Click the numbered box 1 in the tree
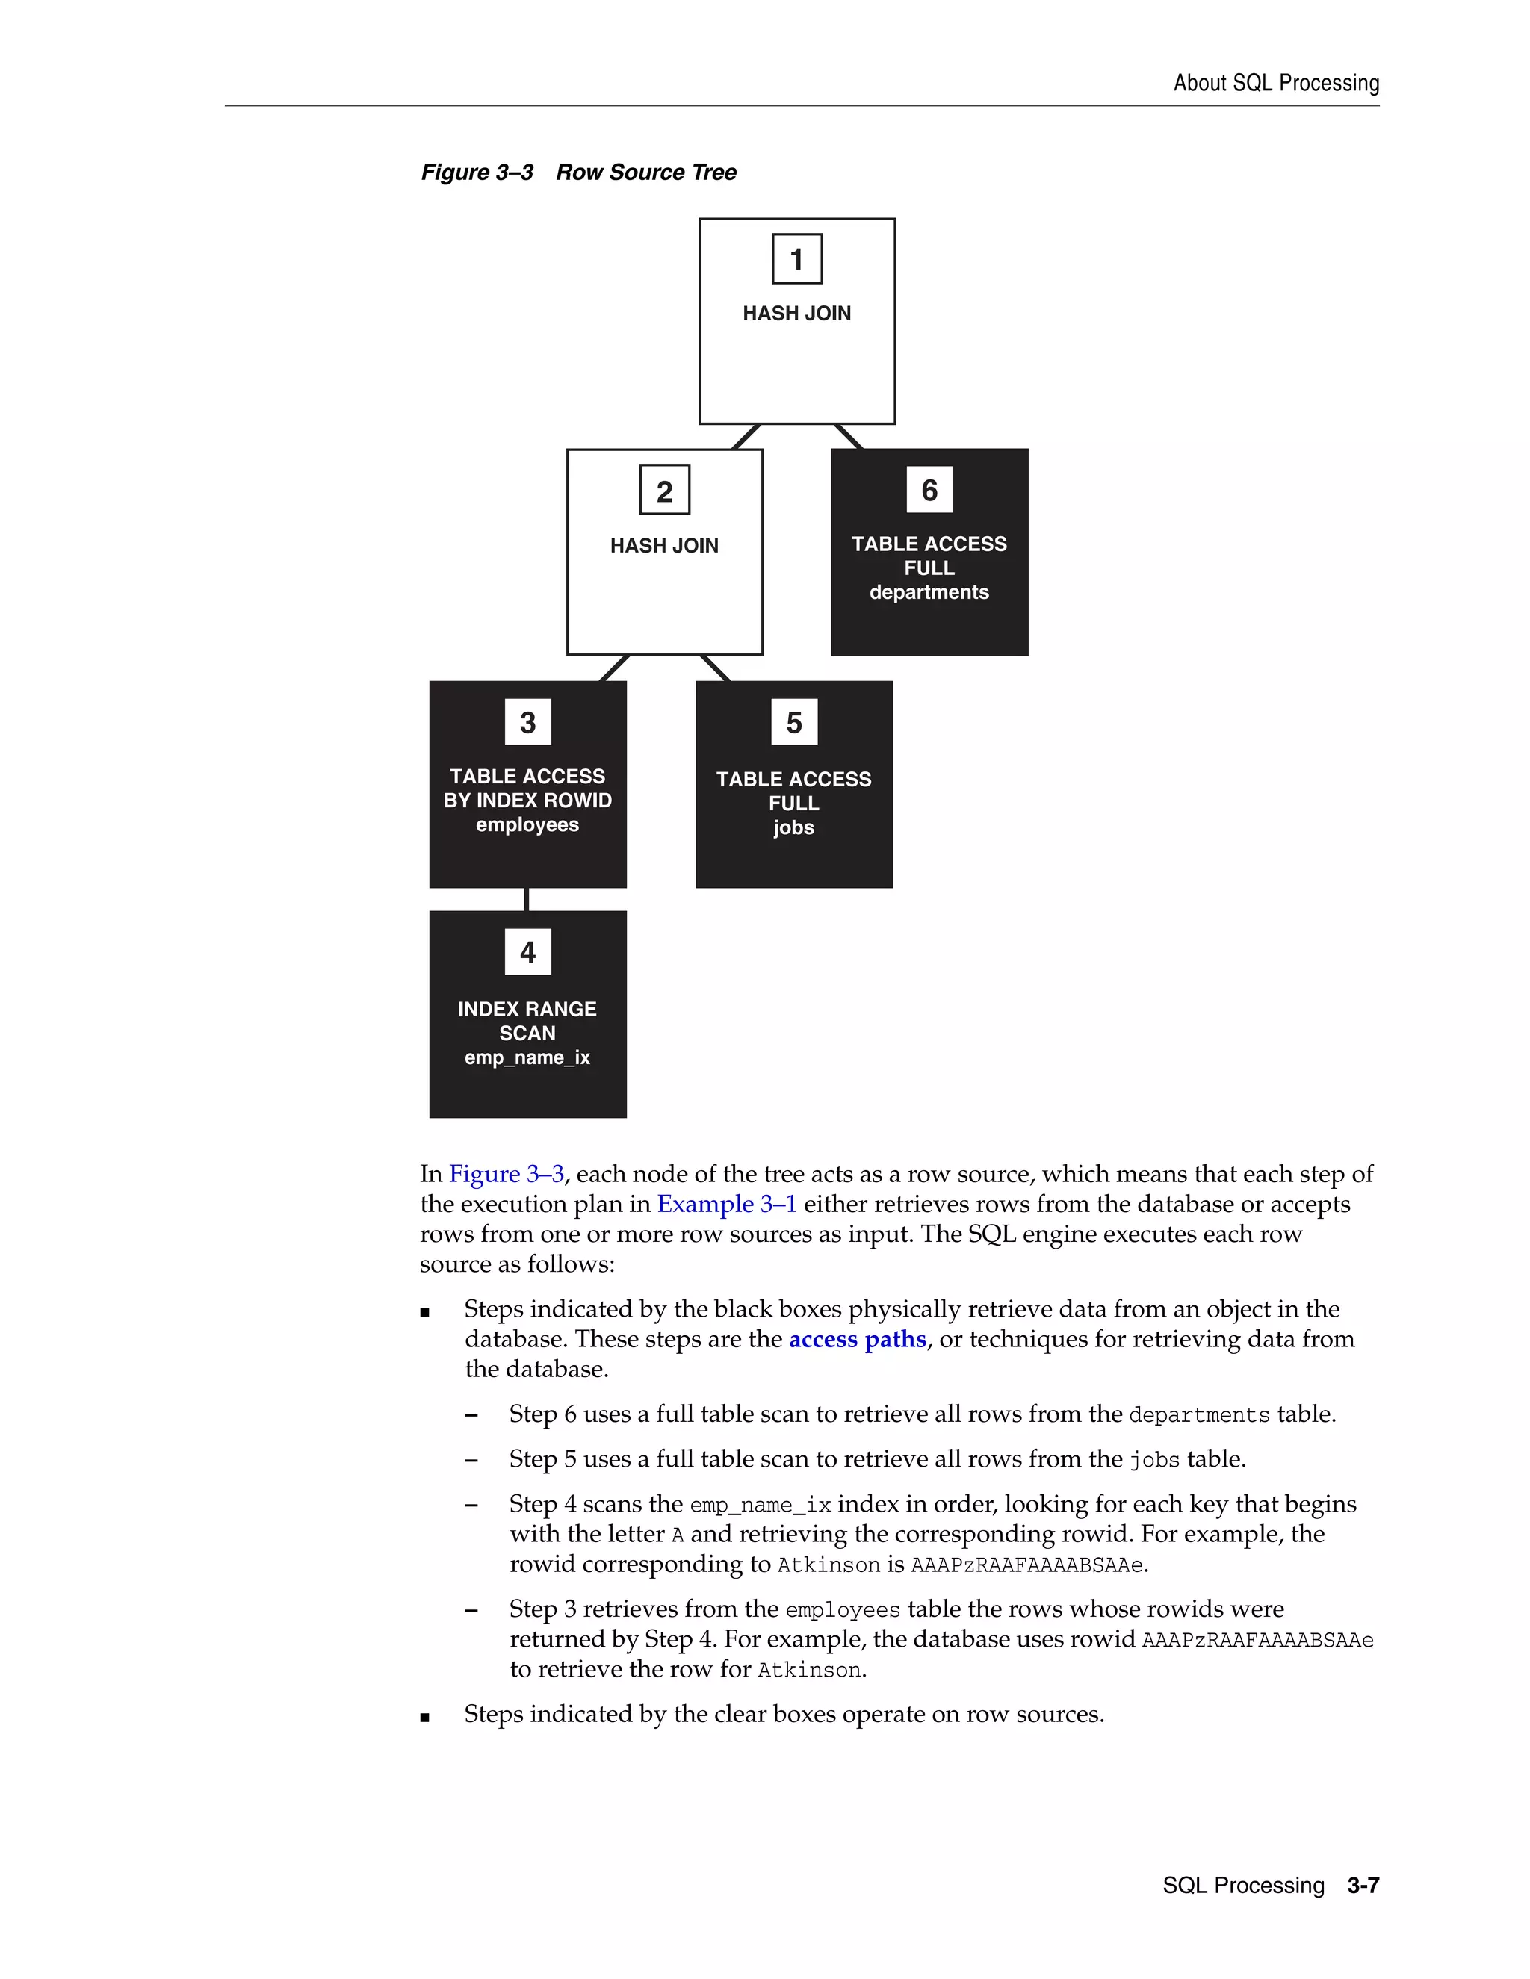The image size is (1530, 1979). (796, 259)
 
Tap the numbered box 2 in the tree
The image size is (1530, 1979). (664, 490)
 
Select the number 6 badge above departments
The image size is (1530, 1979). (929, 490)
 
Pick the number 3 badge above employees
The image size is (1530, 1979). (527, 722)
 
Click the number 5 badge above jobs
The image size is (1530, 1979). (794, 722)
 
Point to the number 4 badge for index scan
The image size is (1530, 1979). (527, 952)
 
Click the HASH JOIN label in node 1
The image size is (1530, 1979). (796, 314)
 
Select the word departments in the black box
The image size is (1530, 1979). (929, 593)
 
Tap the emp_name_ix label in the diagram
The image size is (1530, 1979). (527, 1057)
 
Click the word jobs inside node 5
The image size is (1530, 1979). (794, 827)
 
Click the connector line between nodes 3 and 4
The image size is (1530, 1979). (527, 900)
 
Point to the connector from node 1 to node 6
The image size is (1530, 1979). (849, 436)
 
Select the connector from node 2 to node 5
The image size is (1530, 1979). (715, 668)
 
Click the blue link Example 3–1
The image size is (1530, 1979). (727, 1205)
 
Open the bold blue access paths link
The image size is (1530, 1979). (858, 1339)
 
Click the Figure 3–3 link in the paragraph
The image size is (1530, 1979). (507, 1175)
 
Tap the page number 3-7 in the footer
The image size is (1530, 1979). (1363, 1886)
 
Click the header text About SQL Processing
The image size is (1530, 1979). (1276, 84)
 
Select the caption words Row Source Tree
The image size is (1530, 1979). (646, 173)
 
